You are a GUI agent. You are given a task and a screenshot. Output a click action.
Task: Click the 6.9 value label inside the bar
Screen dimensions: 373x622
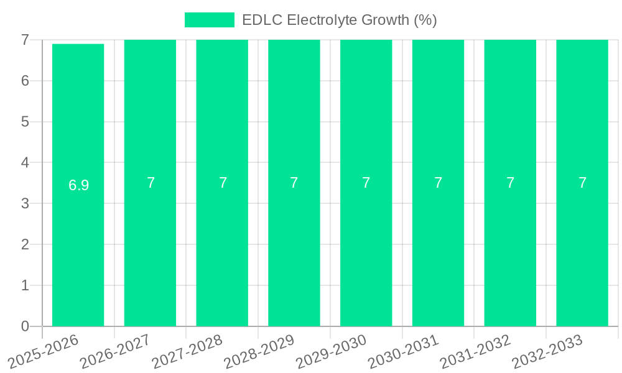coord(79,185)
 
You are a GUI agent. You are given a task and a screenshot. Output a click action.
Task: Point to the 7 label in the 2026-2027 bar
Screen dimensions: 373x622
coord(151,183)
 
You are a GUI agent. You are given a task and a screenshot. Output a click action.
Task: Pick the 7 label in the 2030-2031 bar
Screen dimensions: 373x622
coord(439,183)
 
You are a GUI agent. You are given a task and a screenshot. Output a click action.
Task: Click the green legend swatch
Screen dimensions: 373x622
coord(210,20)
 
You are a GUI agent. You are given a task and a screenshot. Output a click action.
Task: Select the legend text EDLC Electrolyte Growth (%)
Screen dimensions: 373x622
coord(340,20)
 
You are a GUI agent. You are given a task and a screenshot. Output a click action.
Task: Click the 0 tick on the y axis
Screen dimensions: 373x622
coord(25,326)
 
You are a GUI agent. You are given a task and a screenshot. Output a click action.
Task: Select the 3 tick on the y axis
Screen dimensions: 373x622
coord(25,203)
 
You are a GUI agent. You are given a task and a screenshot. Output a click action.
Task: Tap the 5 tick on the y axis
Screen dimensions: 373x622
coord(25,122)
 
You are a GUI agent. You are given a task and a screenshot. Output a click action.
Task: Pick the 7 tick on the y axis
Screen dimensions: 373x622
coord(25,40)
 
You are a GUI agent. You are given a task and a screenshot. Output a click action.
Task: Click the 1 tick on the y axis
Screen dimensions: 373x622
coord(25,285)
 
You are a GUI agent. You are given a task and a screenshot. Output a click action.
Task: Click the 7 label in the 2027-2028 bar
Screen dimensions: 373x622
coord(223,183)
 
